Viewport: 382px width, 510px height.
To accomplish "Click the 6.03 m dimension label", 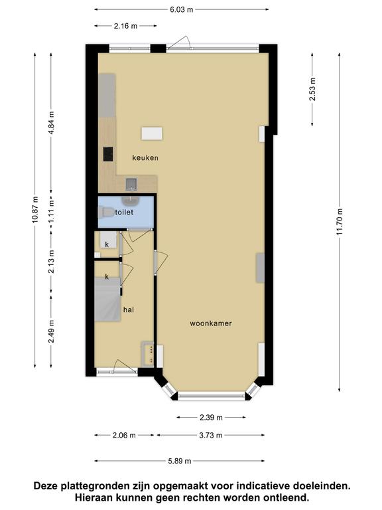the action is coord(182,9).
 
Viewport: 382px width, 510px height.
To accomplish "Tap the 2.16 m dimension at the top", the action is coord(126,26).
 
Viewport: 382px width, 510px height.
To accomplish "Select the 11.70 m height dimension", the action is coord(340,222).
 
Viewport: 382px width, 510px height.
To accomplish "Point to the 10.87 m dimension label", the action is coord(35,210).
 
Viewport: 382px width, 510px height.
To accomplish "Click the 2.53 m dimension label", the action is coord(312,89).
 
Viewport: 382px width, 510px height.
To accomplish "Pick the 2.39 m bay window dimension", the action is coord(211,417).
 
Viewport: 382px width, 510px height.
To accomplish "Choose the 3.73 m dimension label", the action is coord(211,435).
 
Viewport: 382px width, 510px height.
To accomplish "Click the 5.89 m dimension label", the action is coord(180,461).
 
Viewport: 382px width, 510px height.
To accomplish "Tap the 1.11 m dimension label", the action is coord(51,212).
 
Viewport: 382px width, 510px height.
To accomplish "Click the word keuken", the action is coord(145,158).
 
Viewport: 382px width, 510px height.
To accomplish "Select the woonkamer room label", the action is coord(211,323).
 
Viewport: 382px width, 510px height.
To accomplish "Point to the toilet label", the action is coord(124,212).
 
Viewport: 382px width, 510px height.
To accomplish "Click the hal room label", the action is coord(128,309).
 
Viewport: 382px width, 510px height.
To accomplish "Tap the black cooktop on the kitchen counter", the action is coord(108,154).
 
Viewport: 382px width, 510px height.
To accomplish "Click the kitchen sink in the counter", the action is coord(131,185).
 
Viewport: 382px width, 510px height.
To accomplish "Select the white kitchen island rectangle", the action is coord(152,133).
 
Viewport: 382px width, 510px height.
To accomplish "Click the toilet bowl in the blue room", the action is coord(106,212).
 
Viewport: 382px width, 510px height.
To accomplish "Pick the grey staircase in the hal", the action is coord(107,299).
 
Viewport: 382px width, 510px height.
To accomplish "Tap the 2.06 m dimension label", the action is coord(124,435).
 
